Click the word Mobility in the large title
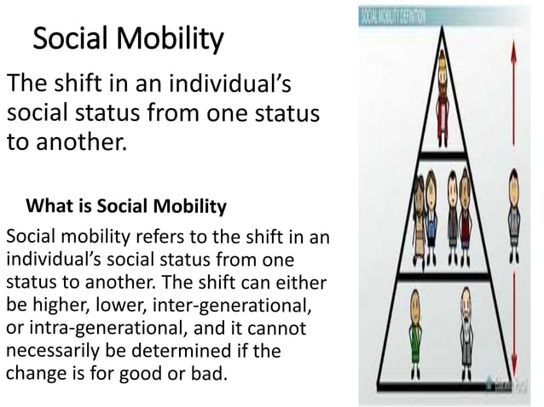pyautogui.click(x=171, y=39)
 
